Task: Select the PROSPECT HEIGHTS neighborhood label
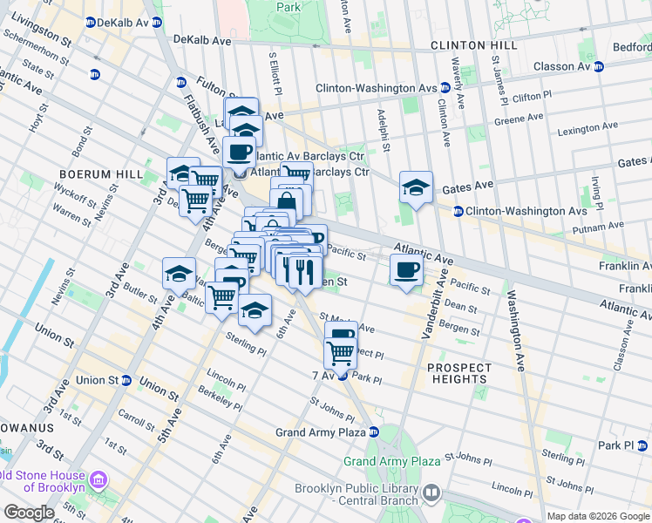point(458,373)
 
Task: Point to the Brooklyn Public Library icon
point(431,494)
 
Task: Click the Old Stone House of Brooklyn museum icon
point(98,479)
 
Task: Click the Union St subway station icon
point(126,380)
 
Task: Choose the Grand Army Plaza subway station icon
point(374,431)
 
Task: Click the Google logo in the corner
point(29,513)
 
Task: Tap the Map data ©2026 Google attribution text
point(598,516)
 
